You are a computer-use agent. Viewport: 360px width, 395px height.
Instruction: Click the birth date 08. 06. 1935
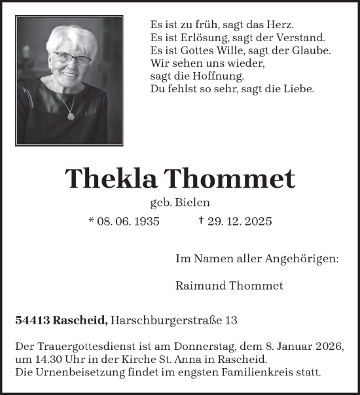[129, 221]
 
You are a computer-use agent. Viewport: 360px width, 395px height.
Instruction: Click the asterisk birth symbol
[92, 220]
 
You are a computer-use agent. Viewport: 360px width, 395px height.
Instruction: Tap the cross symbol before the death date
[201, 220]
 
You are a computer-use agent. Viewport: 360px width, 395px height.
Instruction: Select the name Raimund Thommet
[230, 285]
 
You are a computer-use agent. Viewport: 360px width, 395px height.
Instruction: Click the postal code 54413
[31, 320]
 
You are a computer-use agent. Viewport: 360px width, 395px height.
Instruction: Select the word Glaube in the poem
[310, 51]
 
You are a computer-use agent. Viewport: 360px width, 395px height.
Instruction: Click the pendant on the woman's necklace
[70, 115]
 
